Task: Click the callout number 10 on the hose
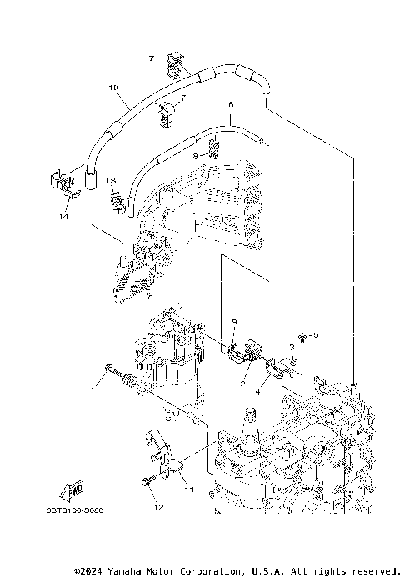113,87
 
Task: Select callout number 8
195,155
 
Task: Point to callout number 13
109,180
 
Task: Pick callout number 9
234,322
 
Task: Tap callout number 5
316,335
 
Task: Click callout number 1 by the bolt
94,389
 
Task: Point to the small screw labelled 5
305,337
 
